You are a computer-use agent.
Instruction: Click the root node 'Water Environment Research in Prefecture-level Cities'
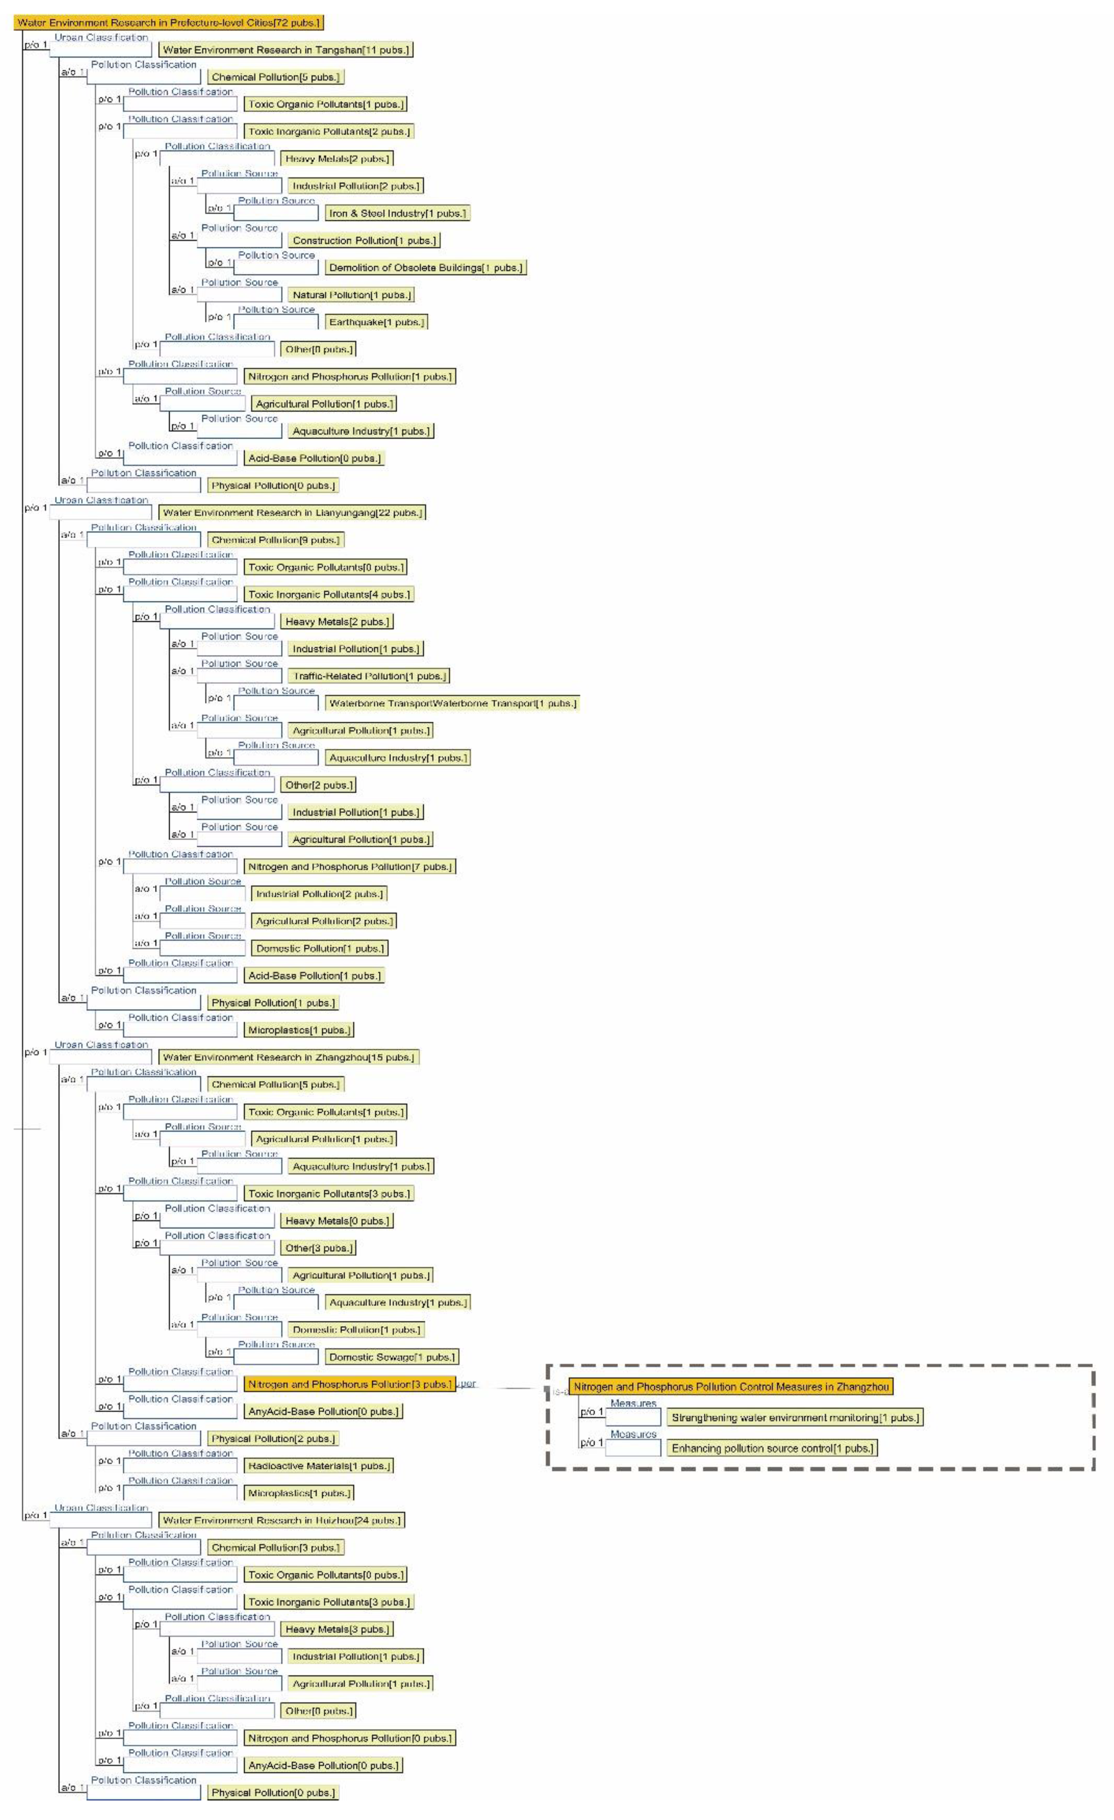168,22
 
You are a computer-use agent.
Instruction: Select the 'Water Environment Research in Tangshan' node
285,49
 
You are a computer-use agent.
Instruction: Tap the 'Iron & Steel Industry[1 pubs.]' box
398,213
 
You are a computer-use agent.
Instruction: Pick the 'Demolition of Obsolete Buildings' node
426,267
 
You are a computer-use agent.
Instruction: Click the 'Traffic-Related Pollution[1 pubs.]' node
368,676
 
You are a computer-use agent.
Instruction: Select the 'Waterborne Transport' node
452,703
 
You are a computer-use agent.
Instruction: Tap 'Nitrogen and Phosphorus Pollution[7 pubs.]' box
349,867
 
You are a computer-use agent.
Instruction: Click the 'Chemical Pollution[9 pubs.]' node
276,540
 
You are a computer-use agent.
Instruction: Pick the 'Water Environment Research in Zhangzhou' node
288,1057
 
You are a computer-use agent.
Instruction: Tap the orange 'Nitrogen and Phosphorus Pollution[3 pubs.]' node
349,1384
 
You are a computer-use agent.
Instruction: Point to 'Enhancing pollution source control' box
772,1449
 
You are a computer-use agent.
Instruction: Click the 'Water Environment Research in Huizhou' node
281,1520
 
